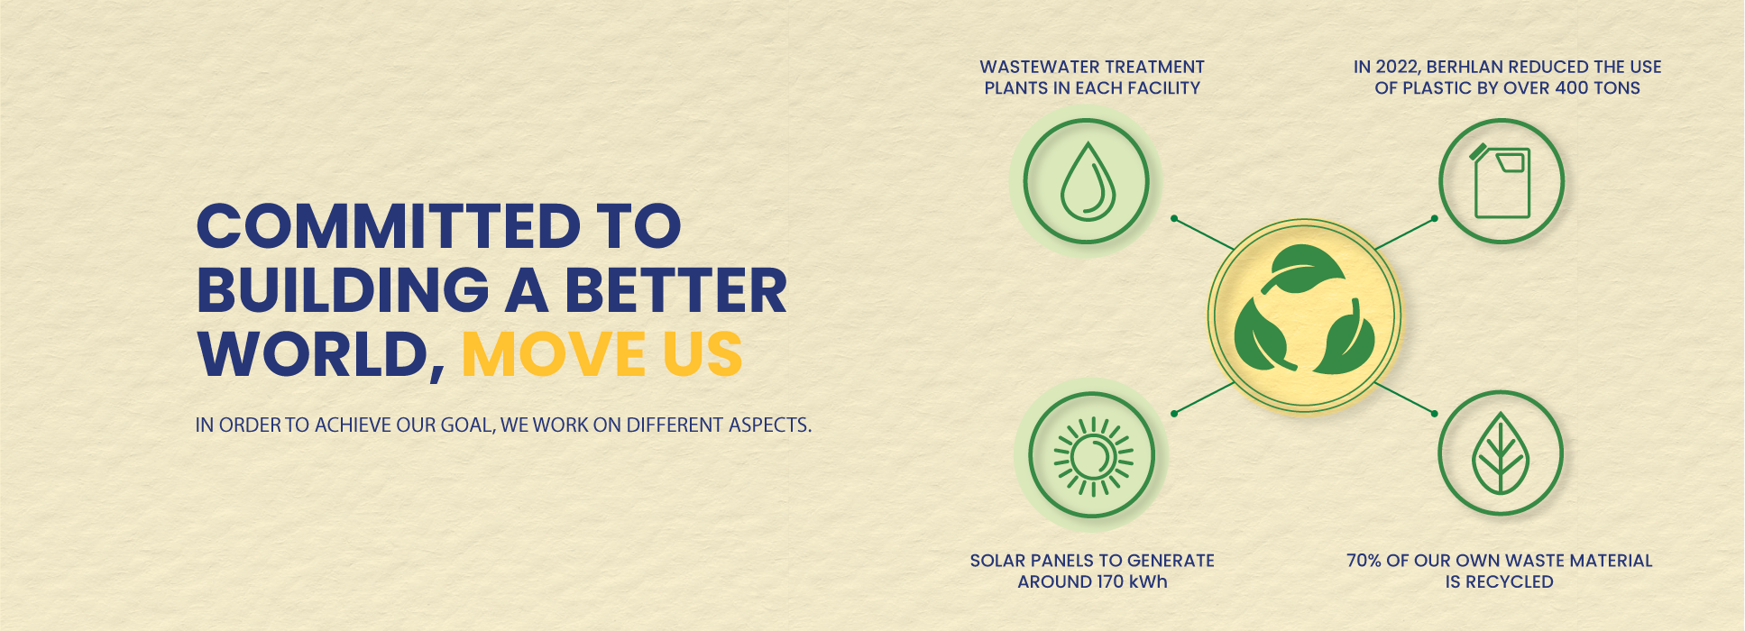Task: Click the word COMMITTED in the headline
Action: tap(389, 225)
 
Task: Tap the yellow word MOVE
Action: tap(553, 354)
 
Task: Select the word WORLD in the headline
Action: tap(315, 354)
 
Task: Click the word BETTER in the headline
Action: tap(675, 290)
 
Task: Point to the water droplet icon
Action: tap(1088, 180)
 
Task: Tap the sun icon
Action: tap(1093, 457)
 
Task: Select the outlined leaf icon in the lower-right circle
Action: tap(1499, 453)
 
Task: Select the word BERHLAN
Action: tap(1465, 67)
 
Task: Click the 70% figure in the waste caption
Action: tap(1364, 561)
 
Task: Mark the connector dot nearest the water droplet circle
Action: tap(1173, 218)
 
